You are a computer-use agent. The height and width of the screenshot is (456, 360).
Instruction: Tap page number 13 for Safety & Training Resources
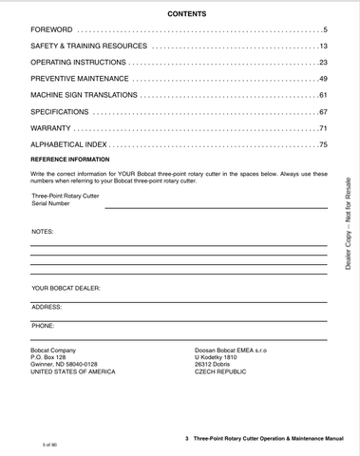pos(323,47)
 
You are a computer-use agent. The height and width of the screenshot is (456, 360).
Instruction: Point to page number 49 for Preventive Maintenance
pos(323,78)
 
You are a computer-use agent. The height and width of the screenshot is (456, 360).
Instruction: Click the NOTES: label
pos(43,232)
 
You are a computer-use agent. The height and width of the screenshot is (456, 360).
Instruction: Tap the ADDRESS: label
pos(47,307)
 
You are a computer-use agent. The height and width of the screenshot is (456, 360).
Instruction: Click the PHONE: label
pos(43,326)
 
